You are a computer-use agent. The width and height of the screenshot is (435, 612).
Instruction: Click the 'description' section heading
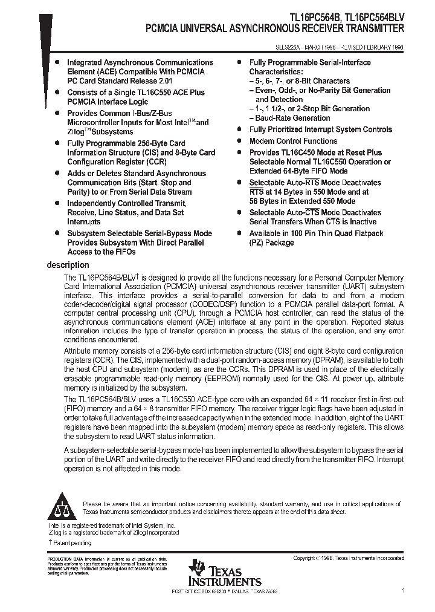[x=68, y=265]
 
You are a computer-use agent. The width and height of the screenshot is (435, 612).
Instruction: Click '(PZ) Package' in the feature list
[x=272, y=243]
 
